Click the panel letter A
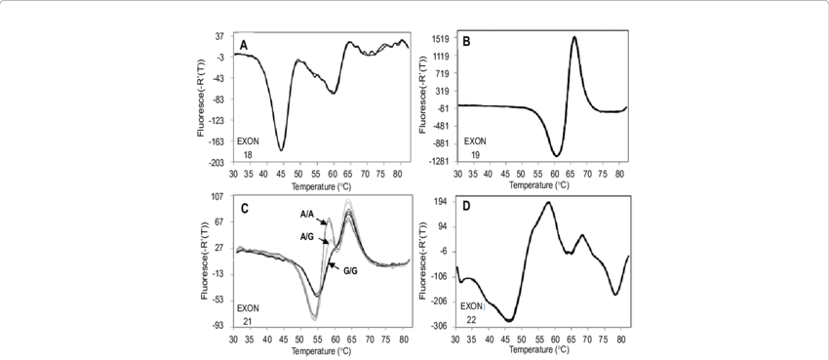click(244, 46)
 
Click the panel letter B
click(466, 42)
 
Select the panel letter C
click(244, 207)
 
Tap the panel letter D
click(466, 207)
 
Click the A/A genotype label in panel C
click(306, 212)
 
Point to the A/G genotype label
click(305, 235)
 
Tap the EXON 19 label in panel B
click(472, 147)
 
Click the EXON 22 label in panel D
click(472, 311)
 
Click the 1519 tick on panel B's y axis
click(439, 39)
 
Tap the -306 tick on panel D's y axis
click(439, 326)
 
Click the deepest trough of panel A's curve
click(282, 149)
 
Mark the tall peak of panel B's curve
click(574, 38)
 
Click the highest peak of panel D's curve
click(548, 203)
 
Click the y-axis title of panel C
click(204, 260)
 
